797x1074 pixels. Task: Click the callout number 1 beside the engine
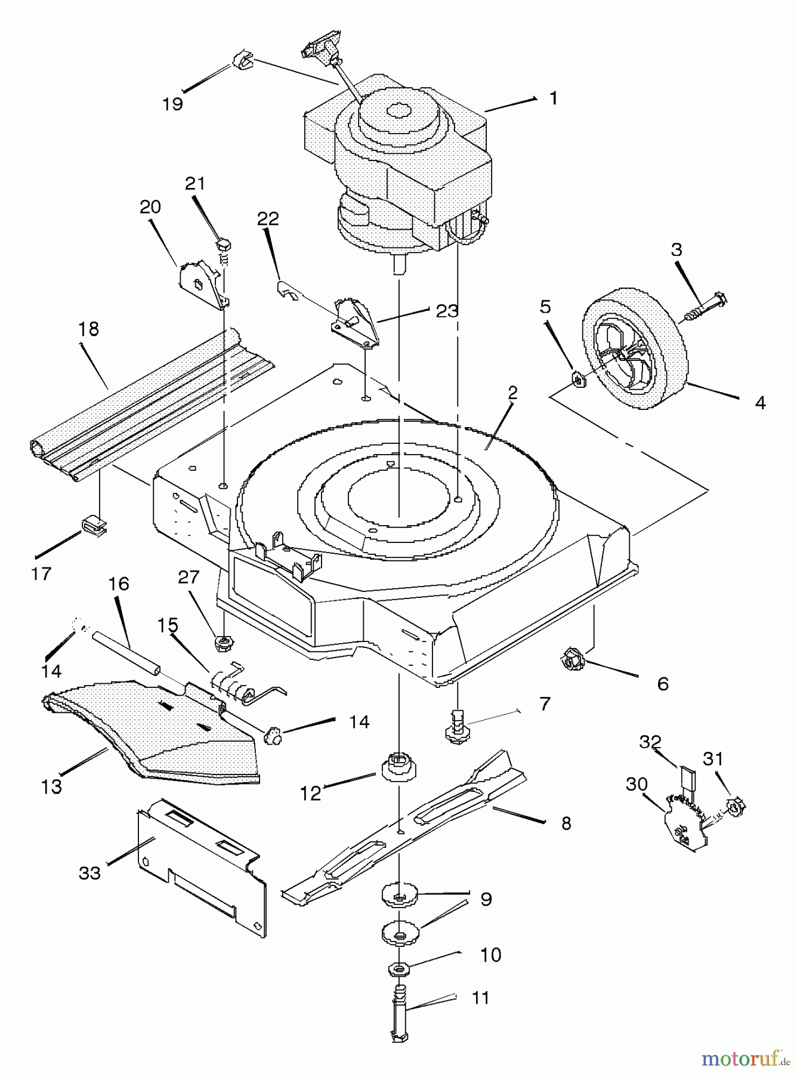(x=553, y=98)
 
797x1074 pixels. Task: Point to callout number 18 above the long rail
(x=88, y=329)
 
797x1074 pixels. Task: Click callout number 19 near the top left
(x=172, y=104)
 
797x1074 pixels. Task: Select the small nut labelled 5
(x=577, y=378)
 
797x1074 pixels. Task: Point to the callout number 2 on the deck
(x=512, y=393)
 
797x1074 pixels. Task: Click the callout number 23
(x=447, y=311)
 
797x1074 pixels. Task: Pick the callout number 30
(x=637, y=784)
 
